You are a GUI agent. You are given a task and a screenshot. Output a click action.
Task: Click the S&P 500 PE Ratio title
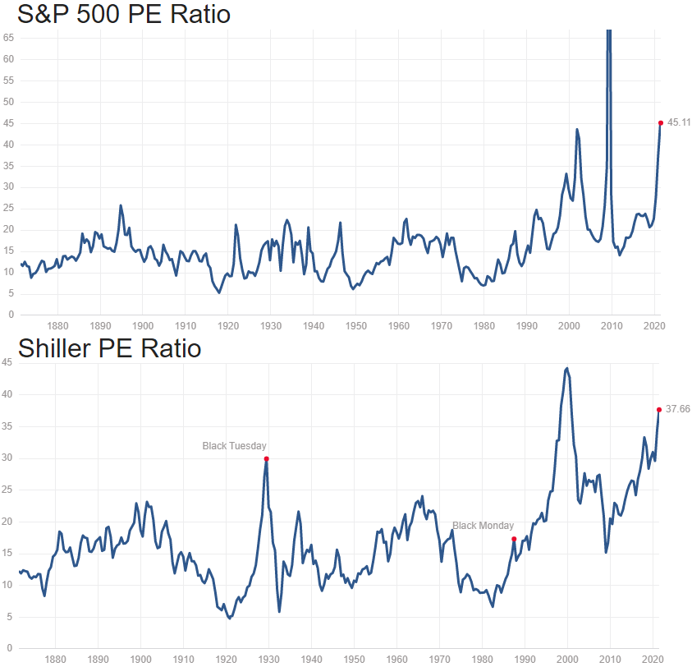pos(124,15)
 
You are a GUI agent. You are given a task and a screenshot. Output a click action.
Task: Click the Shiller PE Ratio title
pos(109,348)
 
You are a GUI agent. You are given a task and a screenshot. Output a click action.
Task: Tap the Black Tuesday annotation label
pos(235,446)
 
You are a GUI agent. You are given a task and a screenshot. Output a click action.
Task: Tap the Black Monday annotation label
pos(483,526)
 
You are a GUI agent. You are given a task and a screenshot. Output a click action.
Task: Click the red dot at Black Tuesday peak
pos(267,458)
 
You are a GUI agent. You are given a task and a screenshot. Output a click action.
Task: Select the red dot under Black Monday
pos(514,539)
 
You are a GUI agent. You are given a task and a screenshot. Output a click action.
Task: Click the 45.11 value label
pos(679,122)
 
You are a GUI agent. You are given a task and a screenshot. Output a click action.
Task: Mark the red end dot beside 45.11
pos(661,123)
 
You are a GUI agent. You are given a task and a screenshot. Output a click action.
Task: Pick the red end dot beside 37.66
pos(658,410)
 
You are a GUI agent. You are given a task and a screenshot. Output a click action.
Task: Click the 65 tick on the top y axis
pos(7,38)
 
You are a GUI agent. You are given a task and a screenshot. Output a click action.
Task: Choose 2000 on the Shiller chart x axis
pos(568,659)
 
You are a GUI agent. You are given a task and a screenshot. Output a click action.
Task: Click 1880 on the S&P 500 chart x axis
pos(57,325)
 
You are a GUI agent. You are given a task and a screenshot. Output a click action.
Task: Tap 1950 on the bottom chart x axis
pos(355,659)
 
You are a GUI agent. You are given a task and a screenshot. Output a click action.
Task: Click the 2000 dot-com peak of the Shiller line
pos(567,368)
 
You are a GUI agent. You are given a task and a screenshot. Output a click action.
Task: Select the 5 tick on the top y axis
pos(10,293)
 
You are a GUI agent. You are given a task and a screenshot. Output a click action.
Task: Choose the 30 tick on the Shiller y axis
pos(7,458)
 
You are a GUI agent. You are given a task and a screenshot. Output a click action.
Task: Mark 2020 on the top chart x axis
pos(653,325)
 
